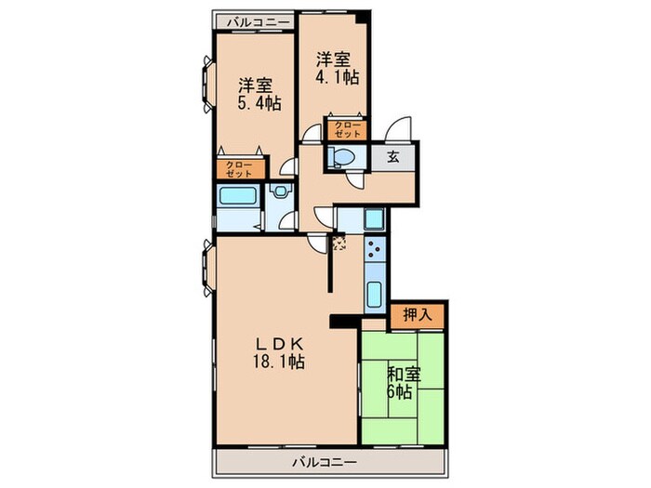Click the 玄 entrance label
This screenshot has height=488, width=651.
point(393,157)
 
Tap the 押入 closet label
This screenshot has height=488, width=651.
point(418,315)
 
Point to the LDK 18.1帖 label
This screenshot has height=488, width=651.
point(279,352)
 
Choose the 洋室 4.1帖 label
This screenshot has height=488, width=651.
point(337,69)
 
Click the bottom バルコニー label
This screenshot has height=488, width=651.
point(325,462)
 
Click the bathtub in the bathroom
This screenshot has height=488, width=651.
point(237,196)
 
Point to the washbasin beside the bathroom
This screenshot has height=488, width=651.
point(281,191)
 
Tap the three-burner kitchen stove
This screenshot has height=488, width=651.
point(376,249)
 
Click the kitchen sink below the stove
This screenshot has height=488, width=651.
point(375,295)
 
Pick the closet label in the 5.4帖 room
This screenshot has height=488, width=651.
point(240,169)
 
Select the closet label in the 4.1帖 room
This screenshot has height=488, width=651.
point(347,129)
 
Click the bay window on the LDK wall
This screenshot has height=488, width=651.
point(207,267)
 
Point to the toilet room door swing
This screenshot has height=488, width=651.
point(356,179)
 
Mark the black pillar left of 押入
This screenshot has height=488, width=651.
point(345,322)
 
